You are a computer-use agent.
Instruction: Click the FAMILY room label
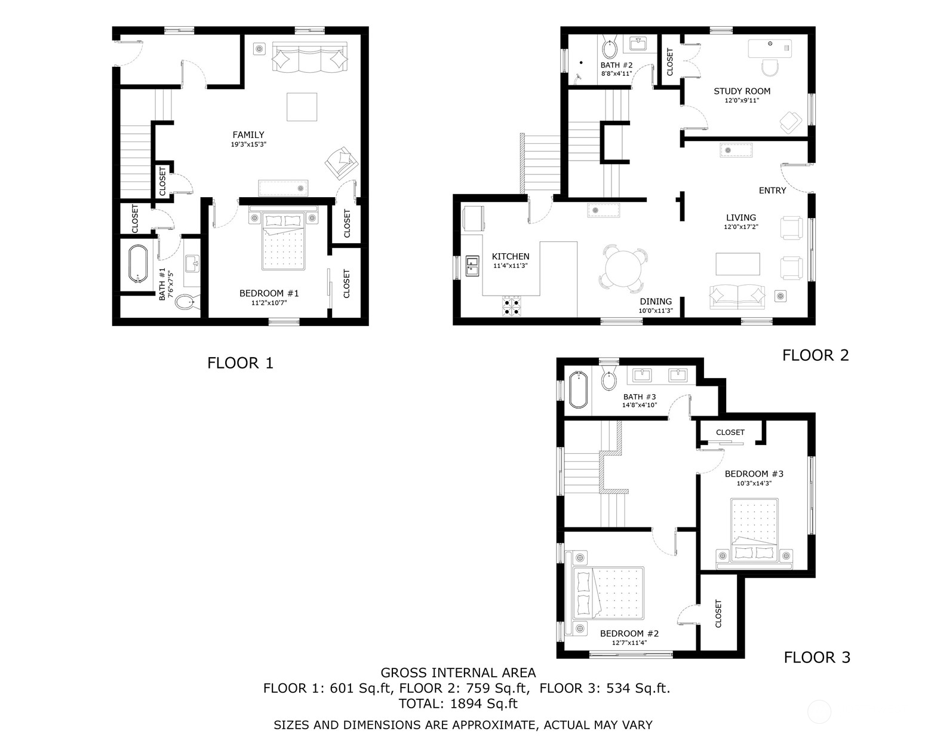(248, 135)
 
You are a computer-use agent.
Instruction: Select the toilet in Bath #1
(186, 302)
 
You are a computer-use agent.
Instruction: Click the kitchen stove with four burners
(512, 306)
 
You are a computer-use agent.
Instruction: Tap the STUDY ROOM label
(742, 91)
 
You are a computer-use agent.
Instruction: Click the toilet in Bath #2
(610, 47)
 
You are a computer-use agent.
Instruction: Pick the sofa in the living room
(737, 297)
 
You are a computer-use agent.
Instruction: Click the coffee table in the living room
(738, 264)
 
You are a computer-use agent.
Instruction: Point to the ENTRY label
(772, 191)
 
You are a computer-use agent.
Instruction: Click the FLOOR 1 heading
(240, 363)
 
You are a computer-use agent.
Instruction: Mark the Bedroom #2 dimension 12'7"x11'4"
(629, 643)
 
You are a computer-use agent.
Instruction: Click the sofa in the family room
(309, 59)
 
